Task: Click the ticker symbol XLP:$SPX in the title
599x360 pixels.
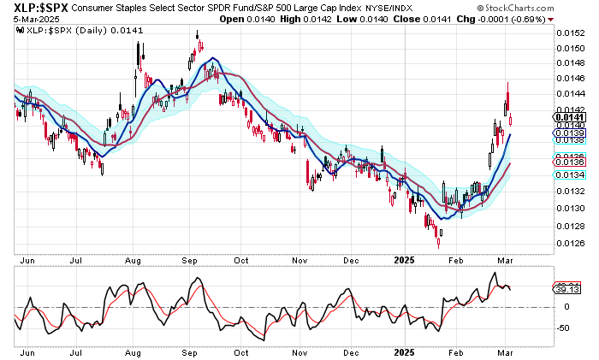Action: (x=36, y=8)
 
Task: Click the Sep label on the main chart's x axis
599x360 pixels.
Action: (x=190, y=258)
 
